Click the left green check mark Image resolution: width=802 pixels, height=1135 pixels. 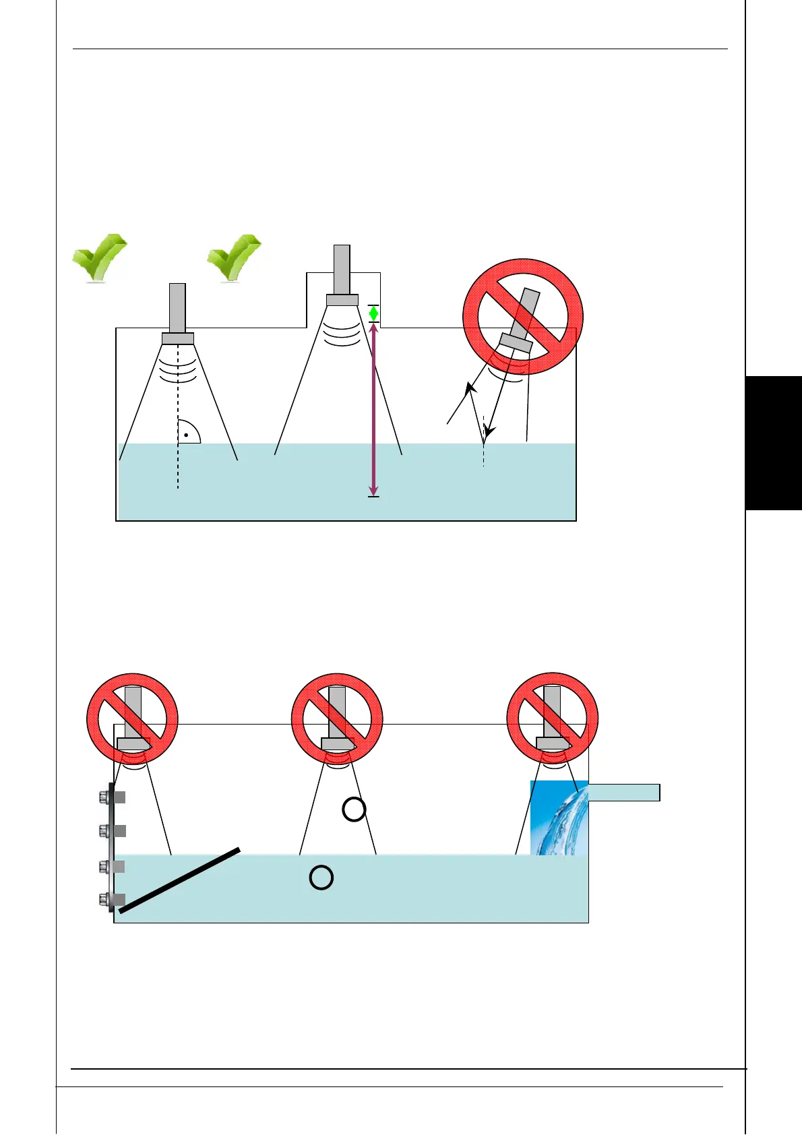pyautogui.click(x=99, y=257)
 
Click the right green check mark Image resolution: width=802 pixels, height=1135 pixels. pyautogui.click(x=233, y=257)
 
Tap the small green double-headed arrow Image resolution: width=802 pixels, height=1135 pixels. pyautogui.click(x=373, y=313)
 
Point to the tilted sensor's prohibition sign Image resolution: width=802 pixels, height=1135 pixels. pyautogui.click(x=522, y=317)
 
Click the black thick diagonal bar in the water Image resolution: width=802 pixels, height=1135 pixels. pyautogui.click(x=179, y=880)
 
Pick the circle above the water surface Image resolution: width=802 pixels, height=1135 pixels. pyautogui.click(x=354, y=809)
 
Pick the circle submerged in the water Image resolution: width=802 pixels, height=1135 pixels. pyautogui.click(x=321, y=878)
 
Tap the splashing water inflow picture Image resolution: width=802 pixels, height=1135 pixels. pyautogui.click(x=559, y=818)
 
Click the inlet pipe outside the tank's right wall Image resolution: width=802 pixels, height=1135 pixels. pyautogui.click(x=624, y=792)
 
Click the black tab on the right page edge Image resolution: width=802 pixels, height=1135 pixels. pyautogui.click(x=774, y=443)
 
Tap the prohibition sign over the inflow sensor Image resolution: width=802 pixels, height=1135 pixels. pyautogui.click(x=553, y=718)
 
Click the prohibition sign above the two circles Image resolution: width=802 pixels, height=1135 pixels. pyautogui.click(x=337, y=718)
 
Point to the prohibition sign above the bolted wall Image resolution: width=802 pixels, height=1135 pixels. pyautogui.click(x=133, y=718)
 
